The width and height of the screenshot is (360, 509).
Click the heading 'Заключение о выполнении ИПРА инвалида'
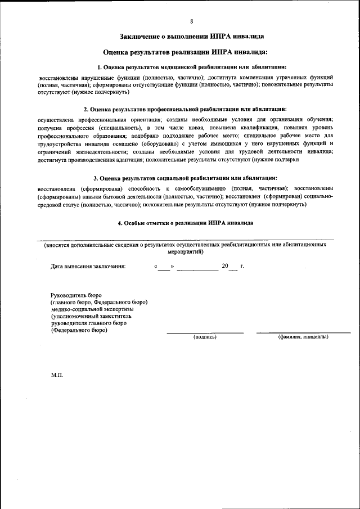pyautogui.click(x=191, y=37)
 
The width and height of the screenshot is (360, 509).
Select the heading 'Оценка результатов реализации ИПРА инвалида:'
pyautogui.click(x=191, y=52)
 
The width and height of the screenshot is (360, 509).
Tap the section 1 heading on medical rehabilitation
pyautogui.click(x=191, y=67)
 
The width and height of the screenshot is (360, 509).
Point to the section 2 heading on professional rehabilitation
pyautogui.click(x=185, y=109)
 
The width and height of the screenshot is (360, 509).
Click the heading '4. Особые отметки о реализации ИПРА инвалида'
pyautogui.click(x=185, y=223)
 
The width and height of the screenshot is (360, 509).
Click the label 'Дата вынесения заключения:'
pyautogui.click(x=88, y=266)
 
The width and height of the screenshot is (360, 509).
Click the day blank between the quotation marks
pyautogui.click(x=164, y=267)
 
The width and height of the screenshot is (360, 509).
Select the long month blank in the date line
pyautogui.click(x=197, y=267)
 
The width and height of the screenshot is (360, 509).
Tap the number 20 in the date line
pyautogui.click(x=225, y=265)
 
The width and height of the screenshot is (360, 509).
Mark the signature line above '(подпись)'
pyautogui.click(x=205, y=332)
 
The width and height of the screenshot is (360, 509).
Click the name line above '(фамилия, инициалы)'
pyautogui.click(x=307, y=332)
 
